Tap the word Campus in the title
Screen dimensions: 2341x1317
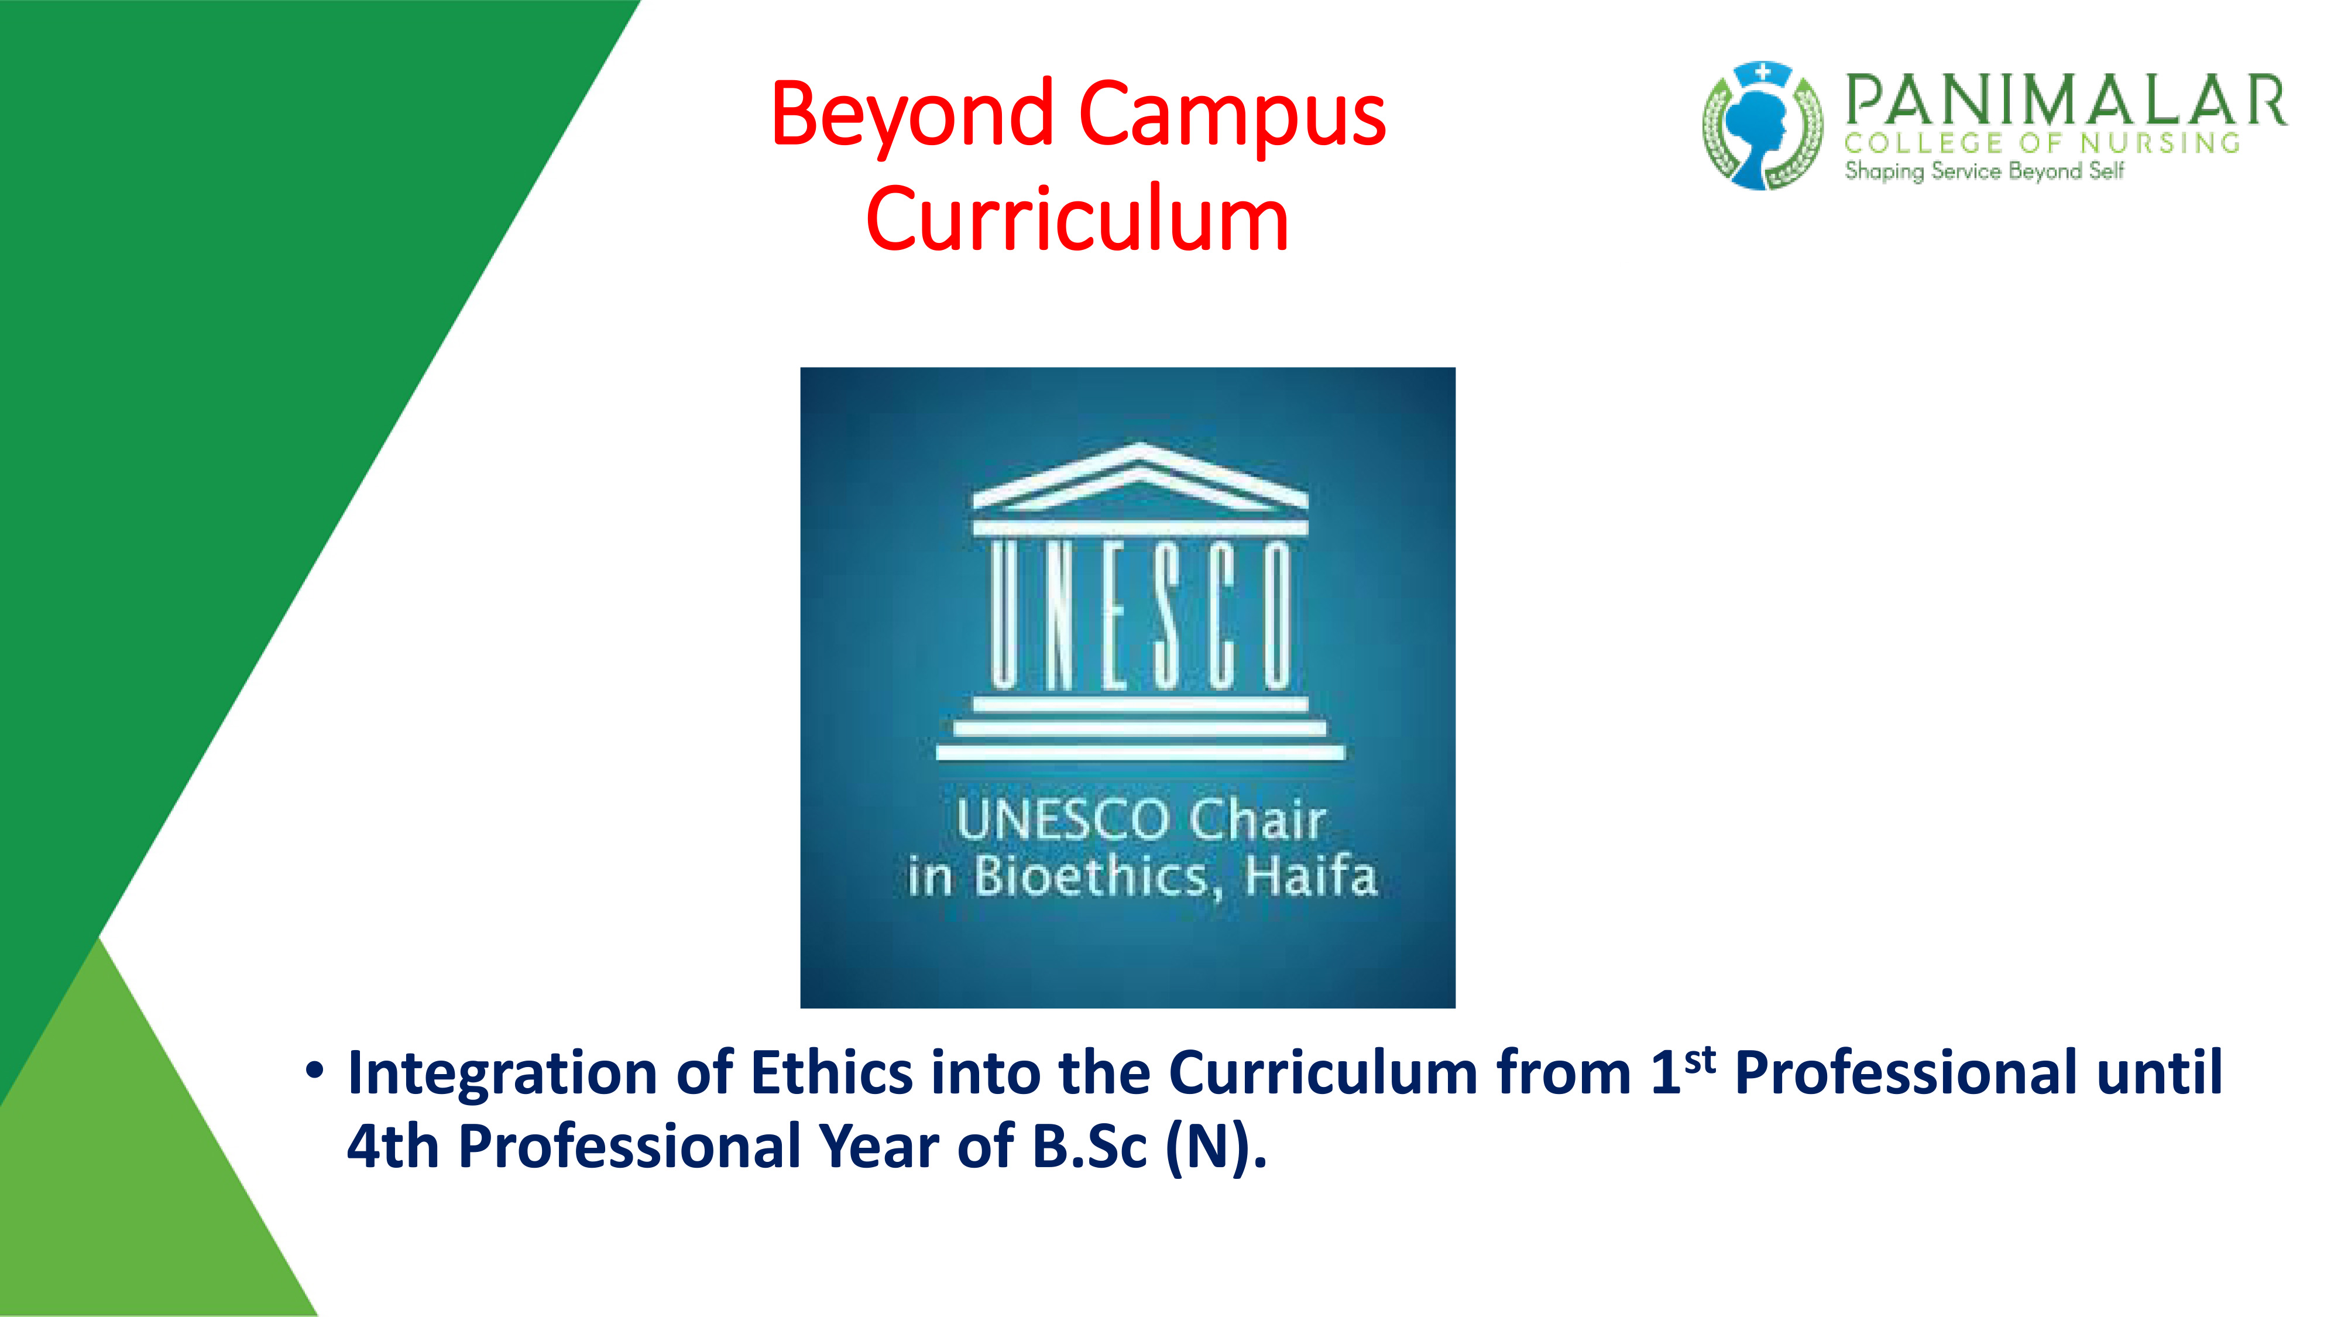(1233, 115)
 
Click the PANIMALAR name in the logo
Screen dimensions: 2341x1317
(2065, 100)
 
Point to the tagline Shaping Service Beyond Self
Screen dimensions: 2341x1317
(1984, 171)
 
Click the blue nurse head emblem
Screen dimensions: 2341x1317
(1762, 126)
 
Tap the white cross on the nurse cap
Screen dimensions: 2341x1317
(1762, 72)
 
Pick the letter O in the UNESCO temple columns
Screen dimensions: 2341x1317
(1276, 613)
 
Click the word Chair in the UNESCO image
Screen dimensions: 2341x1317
(1257, 820)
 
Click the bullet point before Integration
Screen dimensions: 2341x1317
(314, 1071)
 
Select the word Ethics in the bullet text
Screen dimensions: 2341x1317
(832, 1072)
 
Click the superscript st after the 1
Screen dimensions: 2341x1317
(1700, 1061)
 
